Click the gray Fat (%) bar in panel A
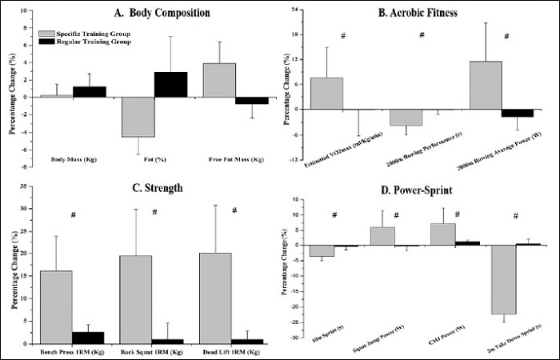(138, 117)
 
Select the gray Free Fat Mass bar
(219, 80)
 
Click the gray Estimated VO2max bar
(326, 93)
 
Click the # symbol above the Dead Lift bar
(234, 211)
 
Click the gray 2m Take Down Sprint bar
(504, 279)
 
